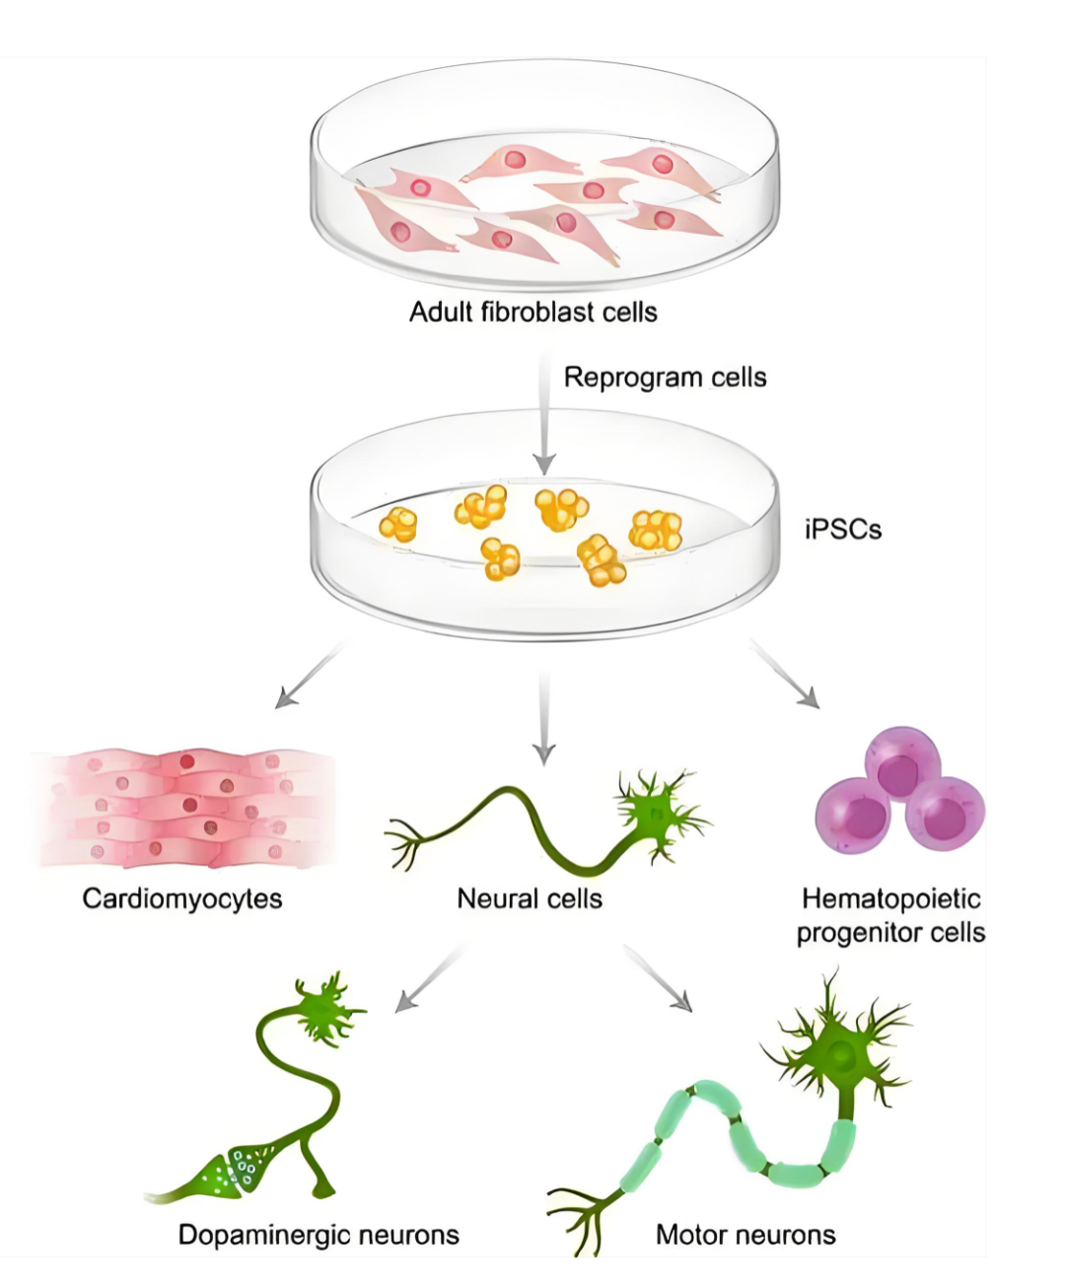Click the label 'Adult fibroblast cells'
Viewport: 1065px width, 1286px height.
point(532,313)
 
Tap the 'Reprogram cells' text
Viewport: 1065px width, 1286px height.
point(665,378)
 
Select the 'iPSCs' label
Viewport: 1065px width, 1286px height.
point(842,530)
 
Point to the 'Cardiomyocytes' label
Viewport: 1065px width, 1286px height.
point(182,898)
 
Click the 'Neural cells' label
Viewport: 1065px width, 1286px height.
point(530,898)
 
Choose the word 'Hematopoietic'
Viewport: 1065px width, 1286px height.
point(890,898)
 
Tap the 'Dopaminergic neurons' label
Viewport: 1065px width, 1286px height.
point(319,1235)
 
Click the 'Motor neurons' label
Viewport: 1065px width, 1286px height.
point(745,1235)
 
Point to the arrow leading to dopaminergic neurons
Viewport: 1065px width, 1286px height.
point(430,978)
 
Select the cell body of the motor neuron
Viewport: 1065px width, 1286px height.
point(840,1057)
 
